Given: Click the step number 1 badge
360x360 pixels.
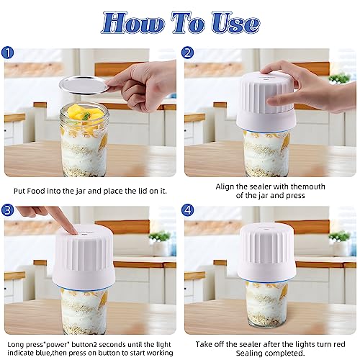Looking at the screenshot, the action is [7, 53].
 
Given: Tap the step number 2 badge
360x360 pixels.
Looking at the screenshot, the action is [187, 53].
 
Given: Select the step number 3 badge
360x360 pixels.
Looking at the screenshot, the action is [7, 210].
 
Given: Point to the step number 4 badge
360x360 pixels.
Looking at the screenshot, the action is [187, 210].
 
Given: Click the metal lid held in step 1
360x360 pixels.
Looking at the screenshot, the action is [84, 85].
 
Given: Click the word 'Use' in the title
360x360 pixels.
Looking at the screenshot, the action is [235, 23].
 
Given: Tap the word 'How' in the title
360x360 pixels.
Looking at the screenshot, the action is [133, 23].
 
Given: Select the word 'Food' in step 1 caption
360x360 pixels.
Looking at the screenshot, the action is [36, 191].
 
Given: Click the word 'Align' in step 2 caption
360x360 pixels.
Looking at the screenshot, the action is [225, 186].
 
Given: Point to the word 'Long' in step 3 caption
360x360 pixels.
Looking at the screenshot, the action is [16, 345].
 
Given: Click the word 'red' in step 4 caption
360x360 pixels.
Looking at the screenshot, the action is [339, 344].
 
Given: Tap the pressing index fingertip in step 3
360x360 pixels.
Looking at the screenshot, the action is [73, 231].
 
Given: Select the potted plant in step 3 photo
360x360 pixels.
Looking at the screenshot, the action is [160, 243].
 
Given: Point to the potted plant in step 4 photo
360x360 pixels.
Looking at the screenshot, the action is [340, 243].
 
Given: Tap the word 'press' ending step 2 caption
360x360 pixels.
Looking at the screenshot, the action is [295, 196].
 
